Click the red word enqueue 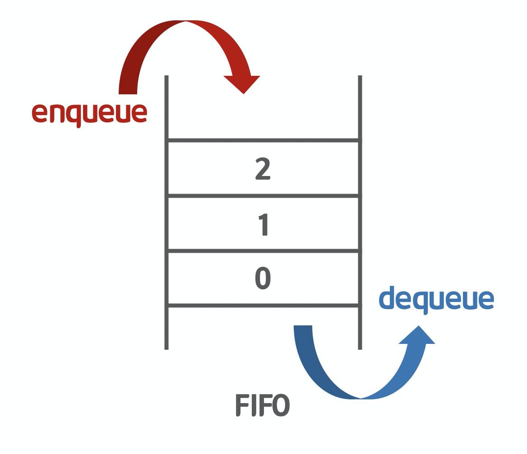click(89, 113)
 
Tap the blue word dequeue click(436, 299)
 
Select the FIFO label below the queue click(262, 405)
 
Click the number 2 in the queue click(263, 169)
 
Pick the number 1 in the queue click(263, 224)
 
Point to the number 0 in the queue click(263, 279)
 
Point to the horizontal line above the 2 click(263, 140)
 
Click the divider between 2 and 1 click(263, 196)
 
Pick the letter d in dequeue click(388, 298)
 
